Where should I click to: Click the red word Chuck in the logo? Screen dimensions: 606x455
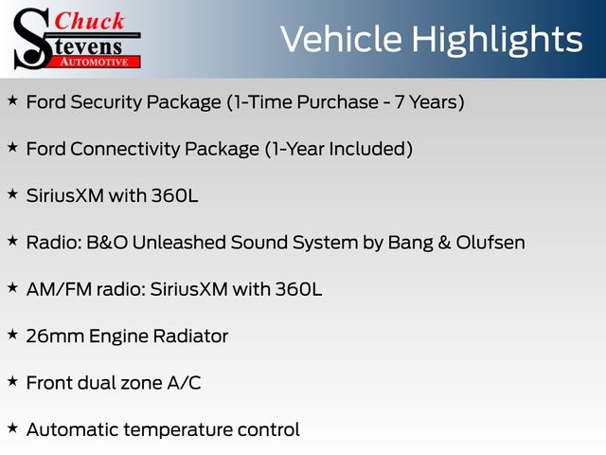pyautogui.click(x=89, y=21)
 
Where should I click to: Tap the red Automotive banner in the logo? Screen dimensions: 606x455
pyautogui.click(x=95, y=62)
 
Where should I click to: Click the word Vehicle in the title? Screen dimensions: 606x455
pyautogui.click(x=341, y=39)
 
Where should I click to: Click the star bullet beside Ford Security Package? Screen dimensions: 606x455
pyautogui.click(x=12, y=100)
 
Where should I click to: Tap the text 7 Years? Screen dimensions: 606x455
pyautogui.click(x=426, y=102)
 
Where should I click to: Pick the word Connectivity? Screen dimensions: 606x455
pyautogui.click(x=126, y=150)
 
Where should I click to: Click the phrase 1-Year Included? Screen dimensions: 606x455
pyautogui.click(x=339, y=149)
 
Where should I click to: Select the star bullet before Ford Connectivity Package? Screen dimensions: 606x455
pyautogui.click(x=12, y=148)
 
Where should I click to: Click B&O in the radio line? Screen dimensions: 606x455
pyautogui.click(x=107, y=243)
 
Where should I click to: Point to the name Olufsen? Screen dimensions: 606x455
pyautogui.click(x=490, y=243)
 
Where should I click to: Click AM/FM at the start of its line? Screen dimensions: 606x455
pyautogui.click(x=59, y=289)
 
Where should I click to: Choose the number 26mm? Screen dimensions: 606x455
pyautogui.click(x=55, y=337)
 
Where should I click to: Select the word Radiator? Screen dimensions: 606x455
pyautogui.click(x=190, y=337)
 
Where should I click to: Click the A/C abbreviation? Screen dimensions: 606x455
pyautogui.click(x=184, y=383)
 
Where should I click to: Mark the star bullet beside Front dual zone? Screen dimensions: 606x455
pyautogui.click(x=12, y=381)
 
